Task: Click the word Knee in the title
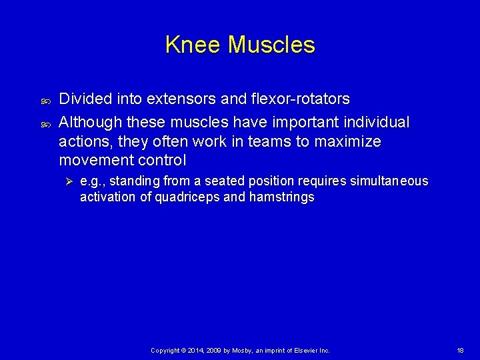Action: (x=193, y=45)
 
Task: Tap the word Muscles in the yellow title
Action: (x=271, y=45)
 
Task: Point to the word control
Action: (x=163, y=161)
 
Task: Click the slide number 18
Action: (x=460, y=350)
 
